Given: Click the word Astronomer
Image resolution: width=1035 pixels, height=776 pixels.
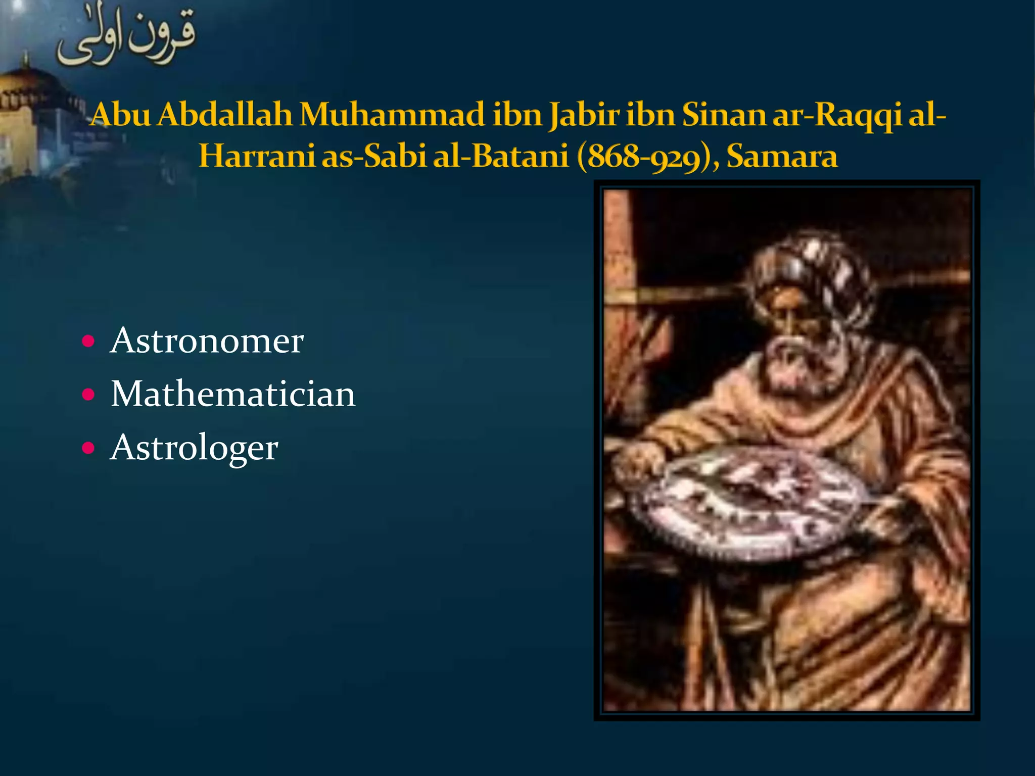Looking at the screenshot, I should (x=207, y=341).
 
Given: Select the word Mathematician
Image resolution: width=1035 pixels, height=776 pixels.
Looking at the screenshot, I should (x=233, y=394).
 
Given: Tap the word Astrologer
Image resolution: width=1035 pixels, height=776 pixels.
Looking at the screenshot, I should (x=194, y=448).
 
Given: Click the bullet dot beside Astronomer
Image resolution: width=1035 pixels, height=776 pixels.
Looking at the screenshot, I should (x=88, y=342).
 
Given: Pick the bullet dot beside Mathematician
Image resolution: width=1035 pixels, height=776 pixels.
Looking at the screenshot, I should (x=88, y=395).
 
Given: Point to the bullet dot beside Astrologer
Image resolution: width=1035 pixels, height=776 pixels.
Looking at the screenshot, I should (x=88, y=448).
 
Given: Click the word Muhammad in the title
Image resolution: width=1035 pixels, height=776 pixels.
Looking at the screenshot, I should (x=392, y=115).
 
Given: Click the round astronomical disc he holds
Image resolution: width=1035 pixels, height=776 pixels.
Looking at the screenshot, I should (x=753, y=503).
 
